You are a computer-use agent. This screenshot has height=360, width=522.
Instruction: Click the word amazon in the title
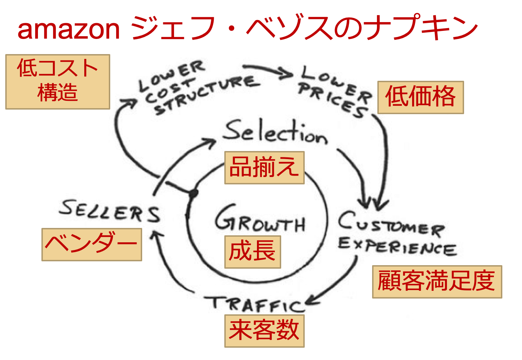(68, 29)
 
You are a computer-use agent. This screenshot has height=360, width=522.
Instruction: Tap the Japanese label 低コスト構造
(58, 81)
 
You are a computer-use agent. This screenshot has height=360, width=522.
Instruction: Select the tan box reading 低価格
(421, 97)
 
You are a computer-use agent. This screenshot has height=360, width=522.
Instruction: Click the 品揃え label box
(264, 168)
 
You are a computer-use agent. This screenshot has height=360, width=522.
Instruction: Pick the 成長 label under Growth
(252, 252)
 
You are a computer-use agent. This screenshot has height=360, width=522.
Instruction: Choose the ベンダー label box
(92, 244)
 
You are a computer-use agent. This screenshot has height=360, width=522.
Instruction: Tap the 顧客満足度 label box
(437, 282)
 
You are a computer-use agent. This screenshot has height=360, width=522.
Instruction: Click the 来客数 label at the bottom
(264, 331)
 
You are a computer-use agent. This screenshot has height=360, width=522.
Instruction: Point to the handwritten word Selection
(276, 133)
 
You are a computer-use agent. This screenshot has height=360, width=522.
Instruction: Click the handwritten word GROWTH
(260, 220)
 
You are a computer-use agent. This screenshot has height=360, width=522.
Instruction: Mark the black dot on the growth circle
(193, 193)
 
